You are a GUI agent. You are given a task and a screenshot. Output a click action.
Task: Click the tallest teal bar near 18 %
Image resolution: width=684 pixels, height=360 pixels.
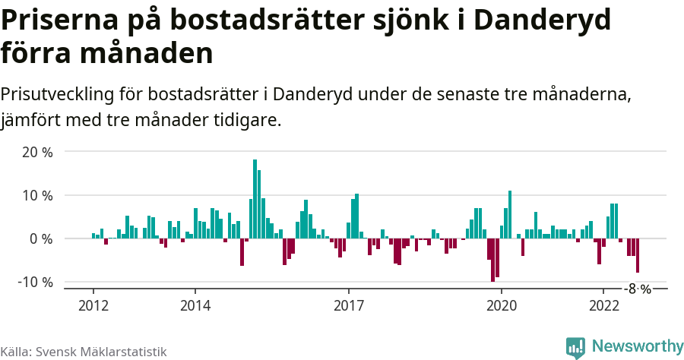(255, 199)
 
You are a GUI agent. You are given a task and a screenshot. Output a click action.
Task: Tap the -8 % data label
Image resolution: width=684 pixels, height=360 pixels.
(638, 289)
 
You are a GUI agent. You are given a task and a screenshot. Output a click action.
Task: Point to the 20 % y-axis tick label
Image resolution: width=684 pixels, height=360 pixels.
(37, 152)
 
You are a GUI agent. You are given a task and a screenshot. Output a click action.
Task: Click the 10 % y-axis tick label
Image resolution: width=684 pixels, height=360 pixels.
(37, 195)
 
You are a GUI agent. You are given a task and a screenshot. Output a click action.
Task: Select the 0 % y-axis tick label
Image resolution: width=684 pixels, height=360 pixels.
(41, 238)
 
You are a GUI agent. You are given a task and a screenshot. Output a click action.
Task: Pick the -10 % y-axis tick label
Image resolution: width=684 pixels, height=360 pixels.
(35, 282)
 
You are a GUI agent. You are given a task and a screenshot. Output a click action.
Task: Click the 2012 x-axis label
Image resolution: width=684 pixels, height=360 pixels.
(93, 306)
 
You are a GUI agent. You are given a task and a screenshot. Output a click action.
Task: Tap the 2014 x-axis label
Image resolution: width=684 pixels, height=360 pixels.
(195, 306)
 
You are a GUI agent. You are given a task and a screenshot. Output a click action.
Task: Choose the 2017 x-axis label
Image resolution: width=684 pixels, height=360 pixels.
(349, 306)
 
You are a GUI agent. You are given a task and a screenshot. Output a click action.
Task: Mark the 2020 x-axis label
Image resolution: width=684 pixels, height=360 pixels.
(502, 306)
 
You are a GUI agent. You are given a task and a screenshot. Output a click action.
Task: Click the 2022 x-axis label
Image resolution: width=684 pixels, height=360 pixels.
(604, 306)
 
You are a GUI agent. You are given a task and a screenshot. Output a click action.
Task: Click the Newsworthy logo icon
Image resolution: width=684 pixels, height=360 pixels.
(575, 347)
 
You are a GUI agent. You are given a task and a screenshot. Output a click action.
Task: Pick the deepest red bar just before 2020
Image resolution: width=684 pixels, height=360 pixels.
(492, 260)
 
